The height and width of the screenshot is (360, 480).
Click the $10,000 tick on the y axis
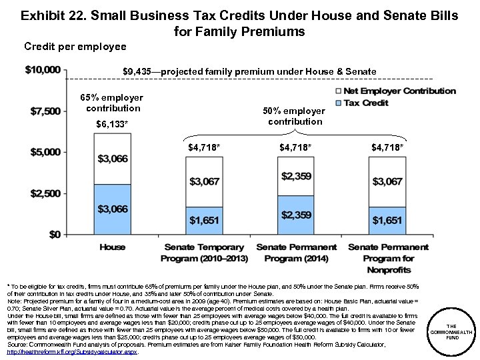click(x=43, y=70)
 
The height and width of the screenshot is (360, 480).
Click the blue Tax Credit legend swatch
click(x=338, y=103)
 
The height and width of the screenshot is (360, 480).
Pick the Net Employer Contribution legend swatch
click(x=338, y=91)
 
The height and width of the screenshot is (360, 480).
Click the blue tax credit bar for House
click(x=113, y=209)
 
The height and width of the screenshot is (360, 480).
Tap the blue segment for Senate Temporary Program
click(x=204, y=221)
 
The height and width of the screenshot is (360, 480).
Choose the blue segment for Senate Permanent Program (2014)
click(x=295, y=215)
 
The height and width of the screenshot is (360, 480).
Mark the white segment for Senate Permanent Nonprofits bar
click(x=387, y=181)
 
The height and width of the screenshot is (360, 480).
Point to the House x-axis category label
click(x=113, y=247)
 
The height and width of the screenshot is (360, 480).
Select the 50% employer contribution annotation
click(x=296, y=116)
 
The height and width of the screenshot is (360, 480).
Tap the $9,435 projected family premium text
click(x=249, y=71)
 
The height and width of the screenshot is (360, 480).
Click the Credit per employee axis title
click(x=75, y=47)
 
